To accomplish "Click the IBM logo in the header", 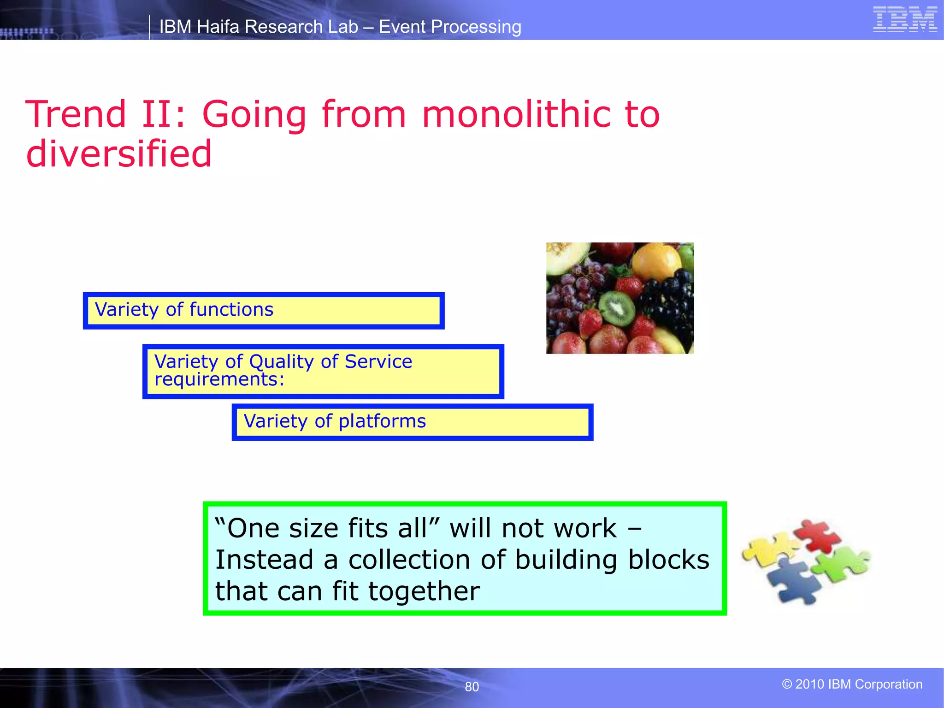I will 905,19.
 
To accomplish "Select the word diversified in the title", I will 119,154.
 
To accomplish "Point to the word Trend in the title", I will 76,114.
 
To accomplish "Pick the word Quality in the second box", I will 281,361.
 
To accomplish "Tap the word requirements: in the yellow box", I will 219,379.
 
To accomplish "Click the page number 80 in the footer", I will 472,687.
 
